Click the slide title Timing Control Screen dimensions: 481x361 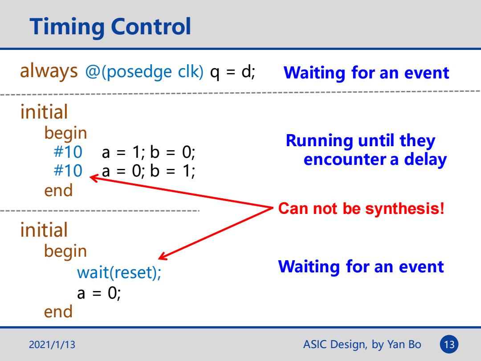(x=110, y=27)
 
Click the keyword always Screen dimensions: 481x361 (x=49, y=71)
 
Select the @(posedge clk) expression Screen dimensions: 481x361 (x=144, y=72)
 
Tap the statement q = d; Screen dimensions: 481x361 (x=232, y=72)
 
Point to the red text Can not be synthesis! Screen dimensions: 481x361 (x=361, y=209)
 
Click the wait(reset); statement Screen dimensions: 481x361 (x=119, y=272)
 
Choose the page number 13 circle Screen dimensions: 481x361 (x=449, y=345)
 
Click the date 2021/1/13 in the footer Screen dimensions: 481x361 (x=52, y=345)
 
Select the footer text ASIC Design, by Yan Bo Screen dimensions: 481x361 (x=362, y=345)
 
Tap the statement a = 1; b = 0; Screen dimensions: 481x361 (x=148, y=152)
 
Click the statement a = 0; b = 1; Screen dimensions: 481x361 (x=148, y=171)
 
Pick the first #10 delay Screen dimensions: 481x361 (x=68, y=152)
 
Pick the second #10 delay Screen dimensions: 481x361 (x=68, y=171)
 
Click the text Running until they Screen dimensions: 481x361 (x=360, y=141)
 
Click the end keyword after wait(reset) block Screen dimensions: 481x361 (x=58, y=312)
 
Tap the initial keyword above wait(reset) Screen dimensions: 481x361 (x=44, y=230)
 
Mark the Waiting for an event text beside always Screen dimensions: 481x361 (x=366, y=73)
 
